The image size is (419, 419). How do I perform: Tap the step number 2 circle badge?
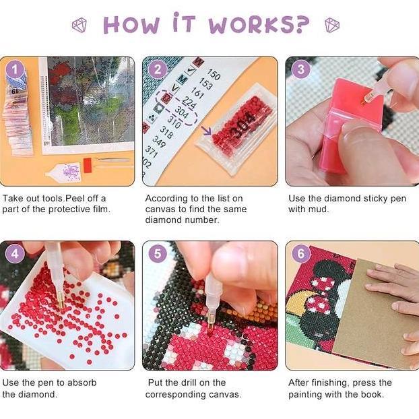pyautogui.click(x=158, y=70)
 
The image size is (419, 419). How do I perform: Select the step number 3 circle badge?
pyautogui.click(x=300, y=70)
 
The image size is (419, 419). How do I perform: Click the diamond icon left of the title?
pyautogui.click(x=80, y=26)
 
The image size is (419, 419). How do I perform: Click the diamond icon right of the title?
pyautogui.click(x=332, y=26)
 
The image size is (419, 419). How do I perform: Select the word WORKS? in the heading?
pyautogui.click(x=259, y=25)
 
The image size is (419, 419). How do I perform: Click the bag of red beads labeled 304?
pyautogui.click(x=236, y=128)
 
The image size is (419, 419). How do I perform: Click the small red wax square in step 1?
pyautogui.click(x=87, y=164)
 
